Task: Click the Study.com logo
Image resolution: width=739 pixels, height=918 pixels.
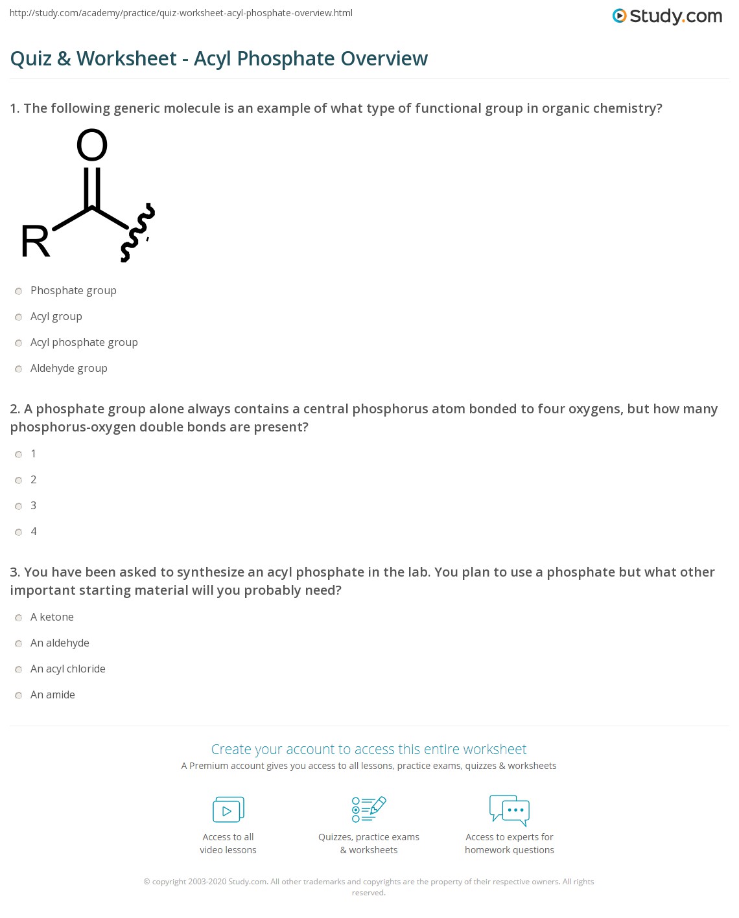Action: (x=667, y=16)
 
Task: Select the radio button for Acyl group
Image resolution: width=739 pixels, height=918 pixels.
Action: (x=19, y=317)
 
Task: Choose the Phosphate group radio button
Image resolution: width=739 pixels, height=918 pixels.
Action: (x=19, y=292)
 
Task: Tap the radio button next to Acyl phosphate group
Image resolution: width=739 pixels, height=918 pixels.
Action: (x=19, y=343)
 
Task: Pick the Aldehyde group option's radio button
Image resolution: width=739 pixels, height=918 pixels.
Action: (x=19, y=369)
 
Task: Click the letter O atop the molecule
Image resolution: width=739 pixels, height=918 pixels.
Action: (x=92, y=145)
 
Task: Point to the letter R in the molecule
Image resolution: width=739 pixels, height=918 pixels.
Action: (x=36, y=242)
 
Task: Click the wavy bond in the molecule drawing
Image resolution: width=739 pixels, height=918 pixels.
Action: (x=138, y=233)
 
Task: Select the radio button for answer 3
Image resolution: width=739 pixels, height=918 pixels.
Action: (x=19, y=507)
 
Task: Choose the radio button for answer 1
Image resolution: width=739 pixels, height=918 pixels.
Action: (x=19, y=455)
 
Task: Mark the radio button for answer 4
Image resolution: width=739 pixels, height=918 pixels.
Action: (x=19, y=533)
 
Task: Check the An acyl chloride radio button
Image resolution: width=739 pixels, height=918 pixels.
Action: (x=19, y=670)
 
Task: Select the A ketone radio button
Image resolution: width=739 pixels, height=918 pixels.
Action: (x=19, y=618)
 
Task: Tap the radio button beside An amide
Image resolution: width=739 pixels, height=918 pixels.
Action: (x=19, y=696)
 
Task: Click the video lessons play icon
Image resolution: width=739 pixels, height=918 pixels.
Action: (x=228, y=810)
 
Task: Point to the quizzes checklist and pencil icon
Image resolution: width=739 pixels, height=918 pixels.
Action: (x=369, y=810)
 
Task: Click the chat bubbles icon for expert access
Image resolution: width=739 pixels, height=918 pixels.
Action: (x=510, y=810)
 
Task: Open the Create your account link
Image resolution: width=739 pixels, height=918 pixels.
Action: (x=369, y=750)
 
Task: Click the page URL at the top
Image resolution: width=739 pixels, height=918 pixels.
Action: (x=181, y=13)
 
